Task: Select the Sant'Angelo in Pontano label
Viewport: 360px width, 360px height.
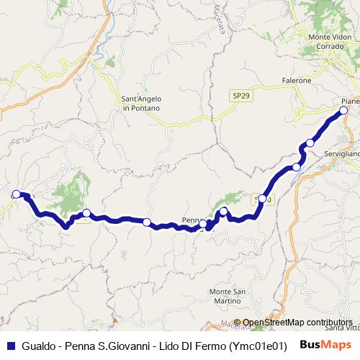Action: [x=140, y=103]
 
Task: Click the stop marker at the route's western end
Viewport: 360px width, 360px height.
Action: [x=17, y=194]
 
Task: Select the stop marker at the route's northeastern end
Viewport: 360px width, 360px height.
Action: [x=343, y=110]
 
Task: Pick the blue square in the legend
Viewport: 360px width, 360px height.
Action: [x=11, y=345]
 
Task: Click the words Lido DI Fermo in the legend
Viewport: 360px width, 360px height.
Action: [x=174, y=345]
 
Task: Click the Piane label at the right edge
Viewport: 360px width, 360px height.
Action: [x=350, y=101]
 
